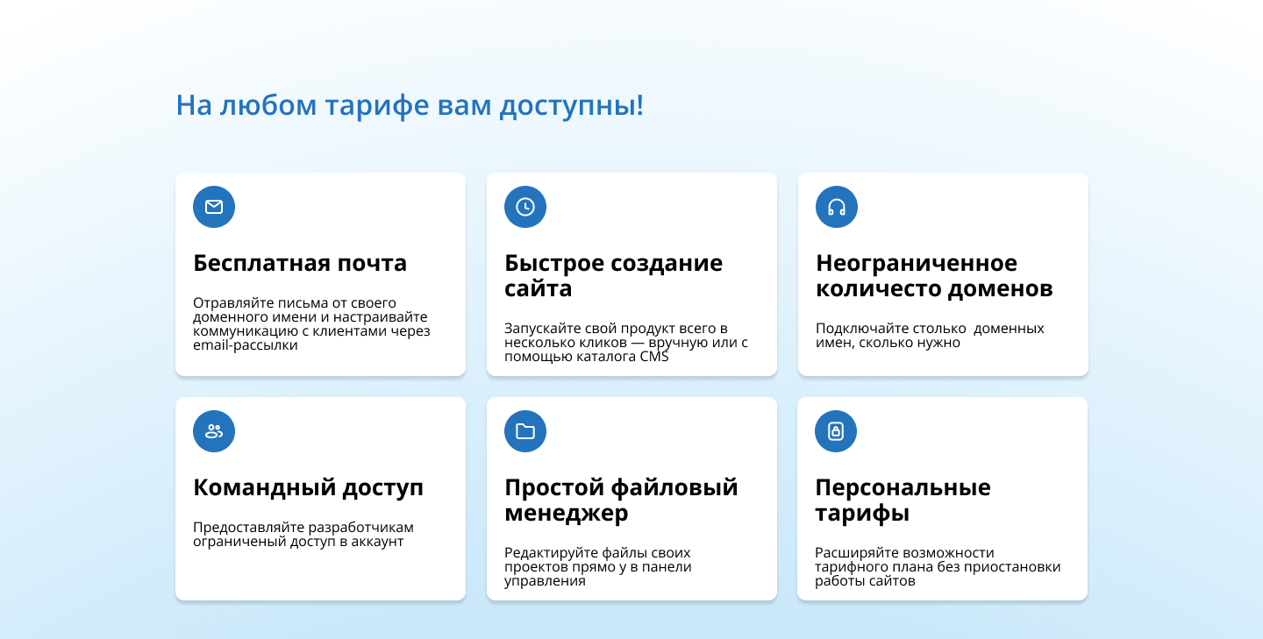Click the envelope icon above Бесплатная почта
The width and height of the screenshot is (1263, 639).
tap(214, 207)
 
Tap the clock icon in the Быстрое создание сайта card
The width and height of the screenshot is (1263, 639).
tap(525, 207)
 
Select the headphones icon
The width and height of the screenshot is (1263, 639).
tap(837, 207)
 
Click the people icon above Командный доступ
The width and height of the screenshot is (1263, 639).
tap(214, 431)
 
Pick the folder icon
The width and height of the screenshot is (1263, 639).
tap(525, 431)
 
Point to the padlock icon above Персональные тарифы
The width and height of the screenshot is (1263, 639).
tap(836, 431)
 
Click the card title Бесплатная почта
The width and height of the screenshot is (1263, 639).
tap(300, 263)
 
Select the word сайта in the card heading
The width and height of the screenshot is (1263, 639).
tap(538, 288)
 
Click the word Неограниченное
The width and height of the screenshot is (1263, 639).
tap(917, 263)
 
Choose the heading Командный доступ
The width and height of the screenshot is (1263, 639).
tap(308, 487)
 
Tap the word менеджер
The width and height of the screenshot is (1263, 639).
tap(566, 513)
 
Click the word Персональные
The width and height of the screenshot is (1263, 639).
tap(903, 487)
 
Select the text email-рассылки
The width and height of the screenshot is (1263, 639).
tap(246, 345)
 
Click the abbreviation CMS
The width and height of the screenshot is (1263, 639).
tap(653, 357)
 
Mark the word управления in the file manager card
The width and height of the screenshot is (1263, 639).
tap(545, 581)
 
